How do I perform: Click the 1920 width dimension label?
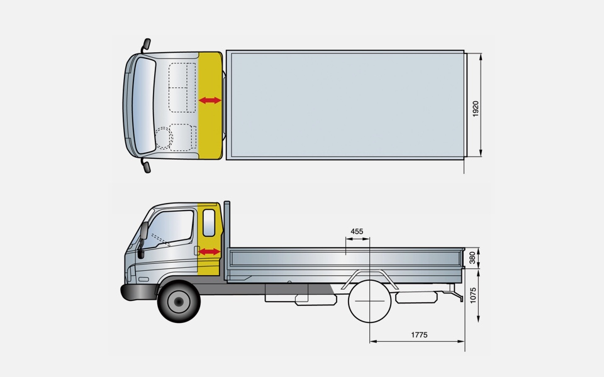tap(476, 108)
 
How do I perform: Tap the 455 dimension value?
tap(357, 231)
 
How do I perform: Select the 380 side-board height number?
tap(473, 258)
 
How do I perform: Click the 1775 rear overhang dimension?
tap(419, 335)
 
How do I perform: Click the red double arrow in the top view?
tap(210, 101)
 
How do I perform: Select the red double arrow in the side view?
tap(210, 251)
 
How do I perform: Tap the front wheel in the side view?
tap(179, 302)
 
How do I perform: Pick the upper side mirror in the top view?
tap(146, 45)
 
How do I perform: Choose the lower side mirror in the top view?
tap(146, 166)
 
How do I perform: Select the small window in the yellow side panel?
tap(209, 222)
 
